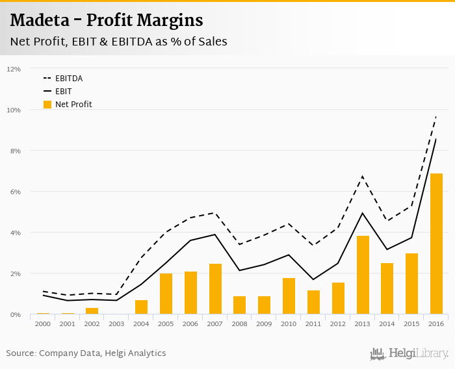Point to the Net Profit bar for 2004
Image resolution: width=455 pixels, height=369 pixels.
click(x=141, y=307)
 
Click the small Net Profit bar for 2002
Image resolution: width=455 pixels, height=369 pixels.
click(x=92, y=311)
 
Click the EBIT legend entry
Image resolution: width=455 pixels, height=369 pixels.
click(x=64, y=92)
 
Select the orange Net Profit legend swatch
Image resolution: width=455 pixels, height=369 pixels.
click(x=47, y=104)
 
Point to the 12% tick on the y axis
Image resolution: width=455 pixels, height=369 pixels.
click(x=14, y=69)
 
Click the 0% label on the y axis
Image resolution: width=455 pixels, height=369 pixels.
click(x=16, y=314)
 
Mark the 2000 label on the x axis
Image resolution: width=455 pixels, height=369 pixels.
click(x=43, y=324)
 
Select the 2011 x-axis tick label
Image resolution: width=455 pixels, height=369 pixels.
click(x=313, y=324)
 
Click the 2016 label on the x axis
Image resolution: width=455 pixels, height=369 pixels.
click(x=436, y=324)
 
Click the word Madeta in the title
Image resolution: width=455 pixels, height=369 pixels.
click(x=43, y=21)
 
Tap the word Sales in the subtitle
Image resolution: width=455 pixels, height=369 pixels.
click(x=211, y=42)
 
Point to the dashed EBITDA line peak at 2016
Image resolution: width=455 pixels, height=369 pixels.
click(x=436, y=116)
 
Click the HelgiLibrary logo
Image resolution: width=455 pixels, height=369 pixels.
click(x=409, y=353)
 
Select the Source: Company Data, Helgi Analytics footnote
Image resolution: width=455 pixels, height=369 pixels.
click(x=86, y=353)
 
